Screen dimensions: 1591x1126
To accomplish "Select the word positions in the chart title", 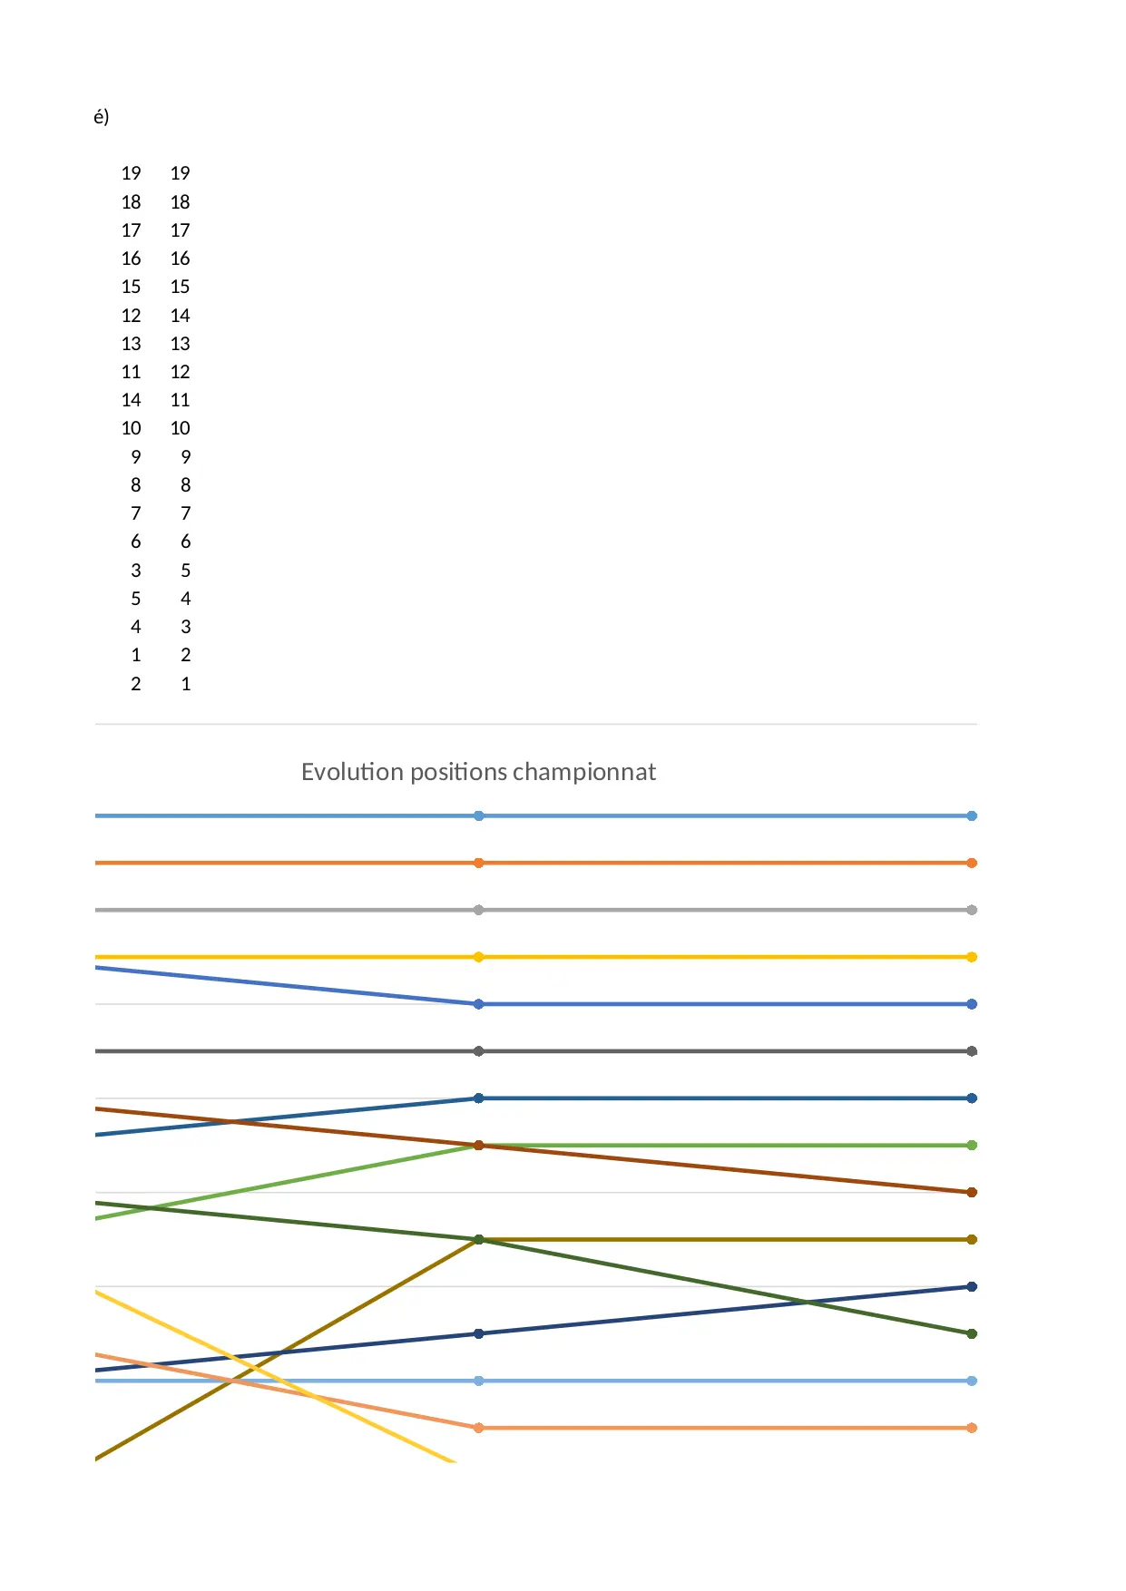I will (x=457, y=772).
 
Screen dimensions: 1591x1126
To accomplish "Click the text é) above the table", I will (x=101, y=117).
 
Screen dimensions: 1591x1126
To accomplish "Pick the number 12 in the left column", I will (x=132, y=316).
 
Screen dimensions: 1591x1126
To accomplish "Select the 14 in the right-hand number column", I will (x=180, y=316).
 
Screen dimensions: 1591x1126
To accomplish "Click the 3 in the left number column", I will (x=136, y=571).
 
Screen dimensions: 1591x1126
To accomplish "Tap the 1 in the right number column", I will (x=186, y=684).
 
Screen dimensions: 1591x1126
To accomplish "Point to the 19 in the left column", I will (x=132, y=173).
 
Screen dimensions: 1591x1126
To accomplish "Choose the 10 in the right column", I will (x=180, y=428).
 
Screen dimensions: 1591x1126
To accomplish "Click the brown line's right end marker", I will (x=972, y=1192).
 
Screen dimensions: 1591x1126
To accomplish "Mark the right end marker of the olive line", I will (x=972, y=1239).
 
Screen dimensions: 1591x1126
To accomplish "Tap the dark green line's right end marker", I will (x=972, y=1333).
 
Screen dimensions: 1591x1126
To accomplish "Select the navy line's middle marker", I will (x=479, y=1333).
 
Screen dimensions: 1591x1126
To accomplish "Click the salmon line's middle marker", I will (x=479, y=1428).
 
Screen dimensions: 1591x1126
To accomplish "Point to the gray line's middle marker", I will (x=479, y=910).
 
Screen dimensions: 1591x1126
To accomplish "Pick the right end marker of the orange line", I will (x=972, y=863).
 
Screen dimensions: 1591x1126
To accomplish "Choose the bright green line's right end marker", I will (x=972, y=1145).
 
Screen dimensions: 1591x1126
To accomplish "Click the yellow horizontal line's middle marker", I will (x=479, y=957).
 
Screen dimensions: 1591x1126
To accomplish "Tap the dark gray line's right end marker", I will (x=972, y=1051).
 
